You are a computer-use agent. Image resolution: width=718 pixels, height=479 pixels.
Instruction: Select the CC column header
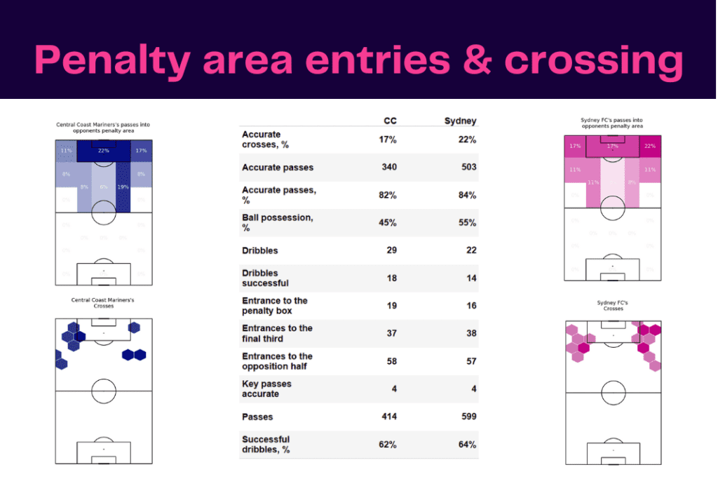pyautogui.click(x=390, y=121)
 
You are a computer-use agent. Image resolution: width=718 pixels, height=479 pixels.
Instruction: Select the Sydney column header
pyautogui.click(x=460, y=121)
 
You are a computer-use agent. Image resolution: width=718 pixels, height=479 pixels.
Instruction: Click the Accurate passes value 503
pyautogui.click(x=468, y=168)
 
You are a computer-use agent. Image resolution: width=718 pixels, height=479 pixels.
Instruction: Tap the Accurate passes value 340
pyautogui.click(x=388, y=168)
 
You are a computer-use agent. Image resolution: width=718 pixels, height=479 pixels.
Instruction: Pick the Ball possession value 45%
pyautogui.click(x=387, y=223)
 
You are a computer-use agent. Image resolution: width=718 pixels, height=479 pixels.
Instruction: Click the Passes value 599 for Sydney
pyautogui.click(x=468, y=417)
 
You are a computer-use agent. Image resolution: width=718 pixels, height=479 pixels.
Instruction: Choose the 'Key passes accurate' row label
pyautogui.click(x=266, y=389)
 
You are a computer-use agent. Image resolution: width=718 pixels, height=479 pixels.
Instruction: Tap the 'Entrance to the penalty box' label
pyautogui.click(x=274, y=306)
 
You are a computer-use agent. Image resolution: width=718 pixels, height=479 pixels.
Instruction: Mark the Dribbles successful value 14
pyautogui.click(x=470, y=278)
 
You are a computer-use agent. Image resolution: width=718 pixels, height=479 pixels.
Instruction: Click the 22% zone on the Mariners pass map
pyautogui.click(x=104, y=151)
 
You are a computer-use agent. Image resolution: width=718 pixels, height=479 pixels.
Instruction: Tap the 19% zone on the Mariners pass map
pyautogui.click(x=123, y=187)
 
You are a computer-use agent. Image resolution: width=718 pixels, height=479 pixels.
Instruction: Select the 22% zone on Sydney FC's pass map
pyautogui.click(x=649, y=147)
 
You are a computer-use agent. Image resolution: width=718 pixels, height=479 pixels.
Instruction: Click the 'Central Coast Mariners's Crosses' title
pyautogui.click(x=103, y=303)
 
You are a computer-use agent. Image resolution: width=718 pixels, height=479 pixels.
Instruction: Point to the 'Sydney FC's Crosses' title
pyautogui.click(x=613, y=306)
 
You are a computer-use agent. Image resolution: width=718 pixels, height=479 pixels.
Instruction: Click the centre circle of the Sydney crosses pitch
pyautogui.click(x=613, y=392)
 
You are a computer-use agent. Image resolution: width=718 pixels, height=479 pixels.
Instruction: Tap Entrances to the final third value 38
pyautogui.click(x=470, y=334)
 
